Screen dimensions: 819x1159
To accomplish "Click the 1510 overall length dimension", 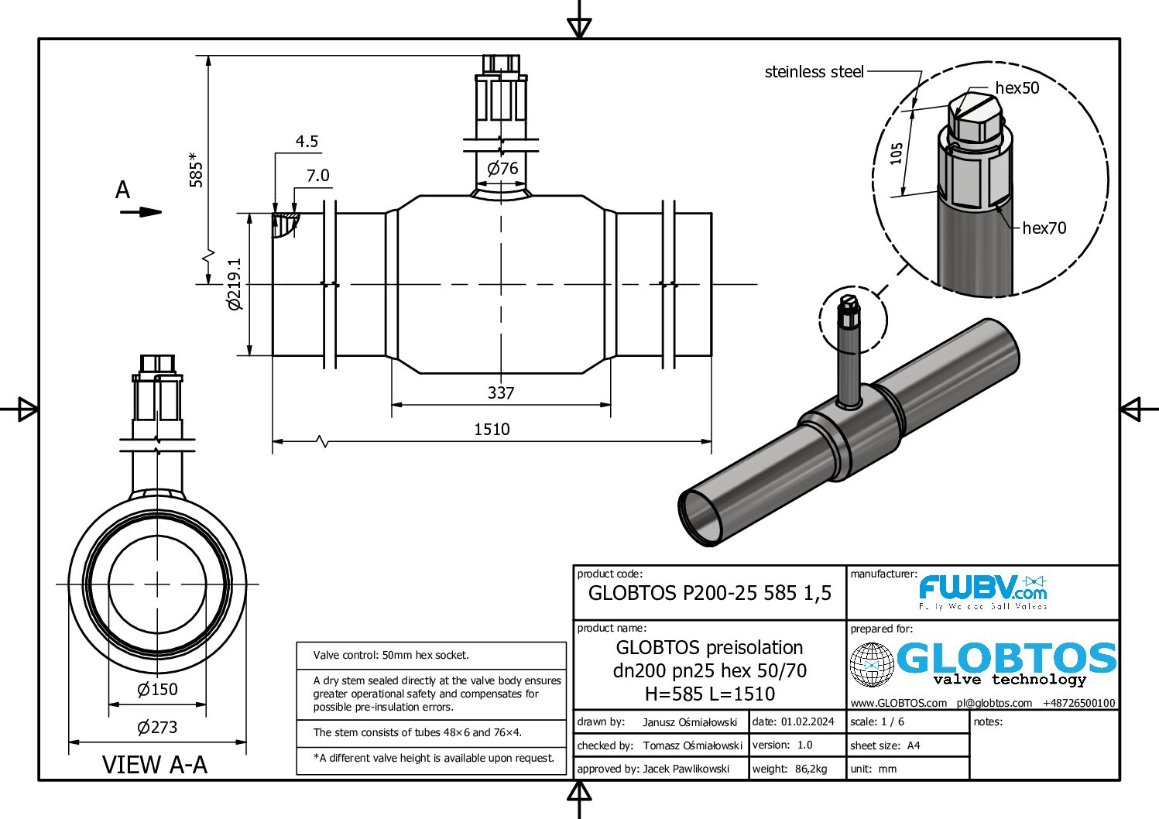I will click(492, 430).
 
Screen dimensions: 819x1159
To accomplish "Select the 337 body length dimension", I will click(501, 393).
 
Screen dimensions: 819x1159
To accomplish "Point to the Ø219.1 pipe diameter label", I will click(235, 284).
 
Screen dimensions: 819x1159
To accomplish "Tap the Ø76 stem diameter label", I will click(502, 169).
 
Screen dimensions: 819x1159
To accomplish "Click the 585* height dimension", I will click(197, 170).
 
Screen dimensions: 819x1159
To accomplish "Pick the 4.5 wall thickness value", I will click(307, 142).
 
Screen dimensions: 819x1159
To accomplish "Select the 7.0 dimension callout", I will click(317, 176).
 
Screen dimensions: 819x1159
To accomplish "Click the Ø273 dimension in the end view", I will click(157, 728).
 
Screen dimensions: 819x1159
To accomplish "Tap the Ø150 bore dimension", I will click(157, 690).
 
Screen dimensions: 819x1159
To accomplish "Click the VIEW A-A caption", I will click(155, 765).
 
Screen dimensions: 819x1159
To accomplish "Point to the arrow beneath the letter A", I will click(141, 212).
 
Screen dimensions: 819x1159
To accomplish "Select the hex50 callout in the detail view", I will click(1017, 88).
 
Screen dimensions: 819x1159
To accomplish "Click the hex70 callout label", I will click(1044, 228).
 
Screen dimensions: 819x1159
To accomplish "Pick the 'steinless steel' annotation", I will click(814, 72).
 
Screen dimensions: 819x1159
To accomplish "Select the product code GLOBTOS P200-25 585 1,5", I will click(709, 593).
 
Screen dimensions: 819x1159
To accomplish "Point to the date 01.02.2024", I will click(808, 722).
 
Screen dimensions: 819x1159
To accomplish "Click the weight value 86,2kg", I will click(811, 769).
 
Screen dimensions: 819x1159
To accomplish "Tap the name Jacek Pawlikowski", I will click(686, 769).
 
